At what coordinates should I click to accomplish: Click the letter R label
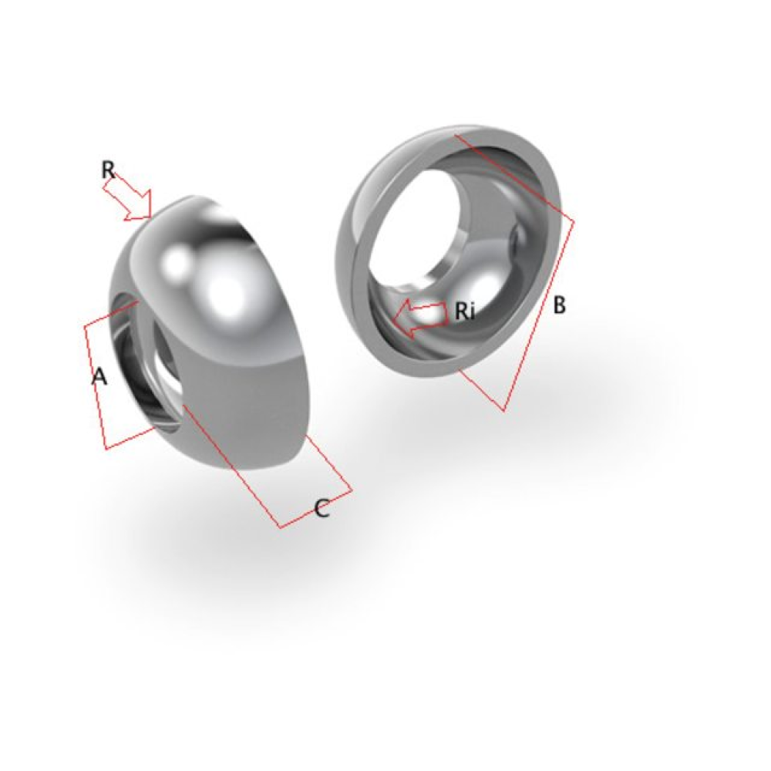[108, 170]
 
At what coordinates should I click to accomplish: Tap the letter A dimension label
[99, 377]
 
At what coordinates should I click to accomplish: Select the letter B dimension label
[559, 305]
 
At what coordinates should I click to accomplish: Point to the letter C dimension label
[322, 508]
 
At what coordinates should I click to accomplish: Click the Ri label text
[465, 311]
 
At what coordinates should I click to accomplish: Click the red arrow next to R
[127, 197]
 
